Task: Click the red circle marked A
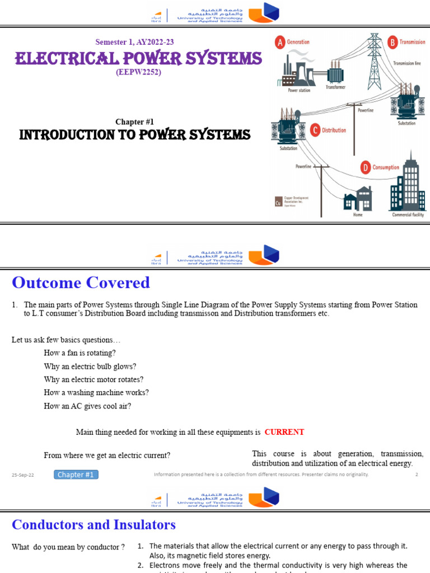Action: click(279, 42)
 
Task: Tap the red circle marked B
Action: click(392, 41)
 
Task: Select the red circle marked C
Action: click(315, 130)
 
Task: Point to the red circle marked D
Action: click(366, 167)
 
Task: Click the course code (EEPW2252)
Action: click(138, 72)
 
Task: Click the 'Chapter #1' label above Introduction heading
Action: click(134, 121)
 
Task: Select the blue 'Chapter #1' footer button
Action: click(76, 475)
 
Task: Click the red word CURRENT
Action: click(284, 432)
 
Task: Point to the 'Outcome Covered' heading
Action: click(81, 283)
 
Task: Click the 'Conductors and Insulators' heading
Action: click(94, 524)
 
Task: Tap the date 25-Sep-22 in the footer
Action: click(23, 475)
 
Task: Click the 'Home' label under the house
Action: click(358, 215)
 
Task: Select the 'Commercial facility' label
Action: click(408, 215)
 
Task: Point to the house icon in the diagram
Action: click(357, 198)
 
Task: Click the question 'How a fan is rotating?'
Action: click(80, 353)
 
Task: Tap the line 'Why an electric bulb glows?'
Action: click(90, 367)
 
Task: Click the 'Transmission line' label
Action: click(407, 63)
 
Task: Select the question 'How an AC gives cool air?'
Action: click(87, 406)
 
